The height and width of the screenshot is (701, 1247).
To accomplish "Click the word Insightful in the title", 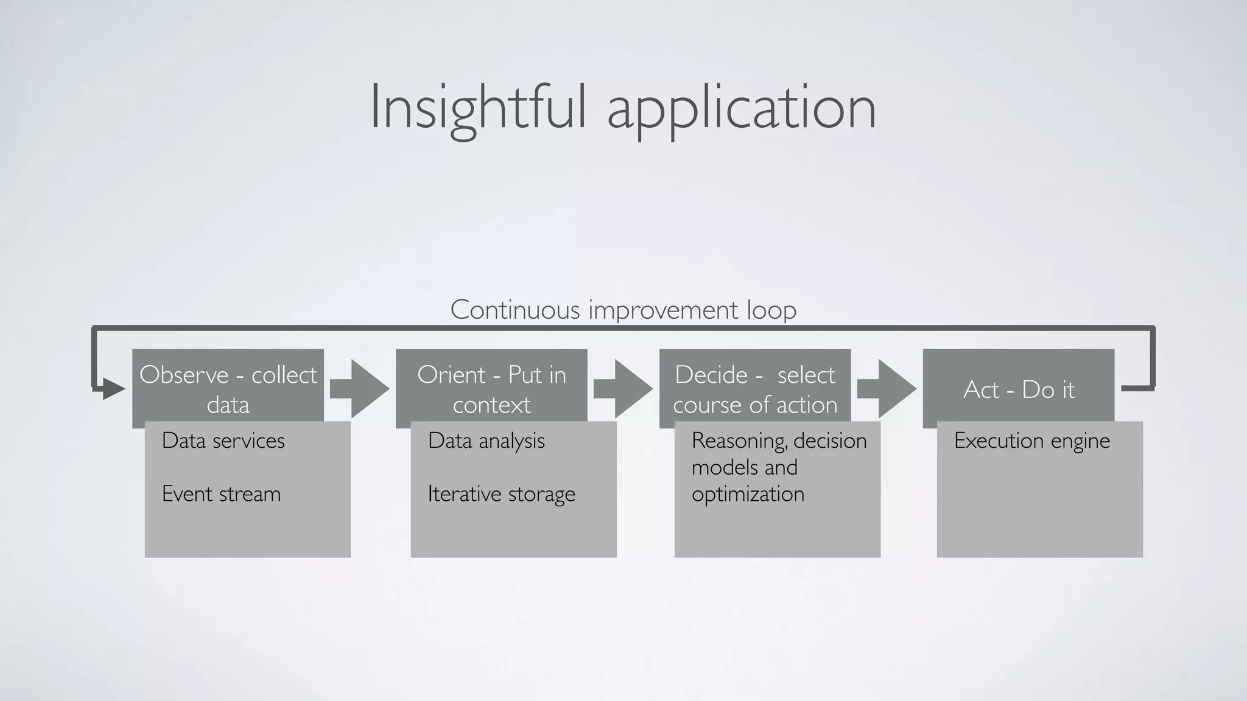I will point(478,108).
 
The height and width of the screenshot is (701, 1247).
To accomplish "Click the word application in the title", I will point(742,108).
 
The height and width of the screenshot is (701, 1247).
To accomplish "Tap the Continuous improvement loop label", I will point(623,310).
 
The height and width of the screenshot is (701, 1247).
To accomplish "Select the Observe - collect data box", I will point(228,388).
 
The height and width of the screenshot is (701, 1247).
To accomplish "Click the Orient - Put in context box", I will point(491,388).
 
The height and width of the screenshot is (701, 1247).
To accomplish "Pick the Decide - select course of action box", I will point(755,388).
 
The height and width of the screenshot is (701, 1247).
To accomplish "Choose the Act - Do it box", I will point(1019,388).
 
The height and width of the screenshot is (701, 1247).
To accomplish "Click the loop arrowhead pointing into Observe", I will point(113,388).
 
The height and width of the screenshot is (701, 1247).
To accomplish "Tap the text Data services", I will point(223,441).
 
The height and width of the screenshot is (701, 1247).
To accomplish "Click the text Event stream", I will point(221,493).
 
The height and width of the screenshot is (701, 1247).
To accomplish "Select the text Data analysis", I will point(486,441).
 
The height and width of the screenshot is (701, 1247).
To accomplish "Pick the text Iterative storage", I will point(501,493).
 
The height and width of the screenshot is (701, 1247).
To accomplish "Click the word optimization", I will point(748,493).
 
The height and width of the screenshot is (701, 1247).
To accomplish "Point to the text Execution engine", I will point(1031,441).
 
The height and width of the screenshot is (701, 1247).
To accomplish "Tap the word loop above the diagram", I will point(772,310).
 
